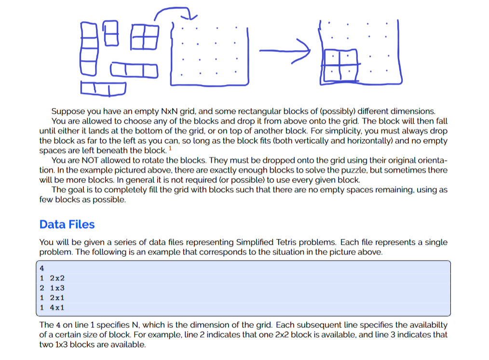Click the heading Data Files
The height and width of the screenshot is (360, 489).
click(67, 224)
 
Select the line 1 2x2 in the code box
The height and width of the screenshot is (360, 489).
click(53, 278)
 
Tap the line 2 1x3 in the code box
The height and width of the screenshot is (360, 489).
click(53, 288)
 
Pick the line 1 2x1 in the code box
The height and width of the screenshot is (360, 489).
click(53, 298)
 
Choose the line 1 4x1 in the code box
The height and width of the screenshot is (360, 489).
click(53, 307)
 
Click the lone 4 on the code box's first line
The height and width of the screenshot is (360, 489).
click(42, 269)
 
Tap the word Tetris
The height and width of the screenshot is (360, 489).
click(306, 242)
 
